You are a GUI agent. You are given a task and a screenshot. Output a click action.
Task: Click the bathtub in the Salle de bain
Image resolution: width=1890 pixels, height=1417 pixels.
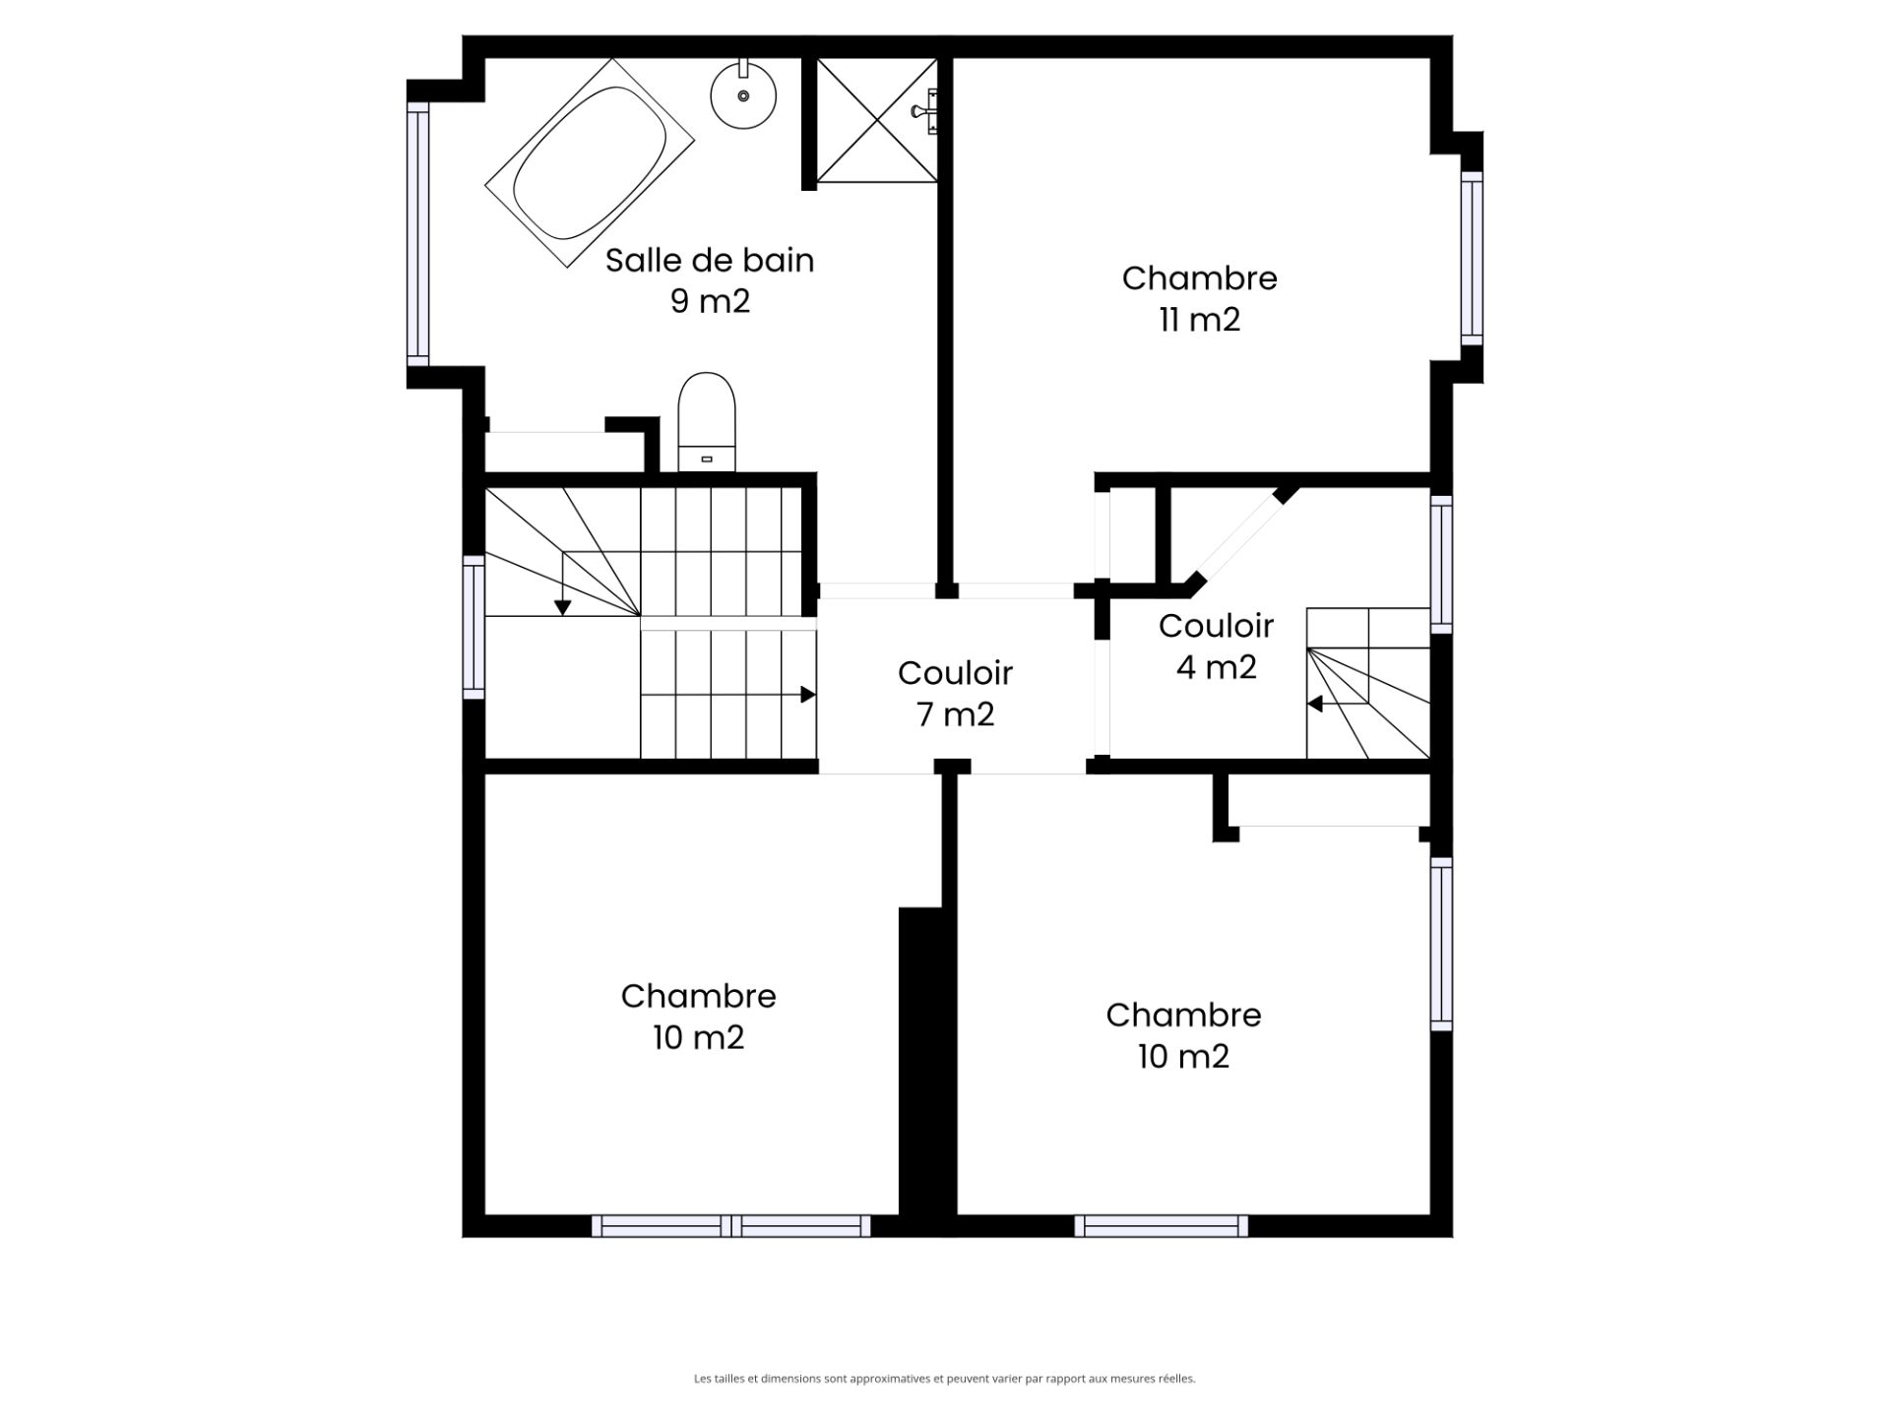tap(590, 162)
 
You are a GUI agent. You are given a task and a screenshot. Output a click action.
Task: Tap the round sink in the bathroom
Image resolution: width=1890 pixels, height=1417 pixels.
tap(743, 94)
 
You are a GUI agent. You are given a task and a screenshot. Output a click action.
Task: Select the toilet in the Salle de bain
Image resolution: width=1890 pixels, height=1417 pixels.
tap(707, 422)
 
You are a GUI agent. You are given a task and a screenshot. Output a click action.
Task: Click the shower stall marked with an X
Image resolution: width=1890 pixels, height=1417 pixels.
tap(876, 120)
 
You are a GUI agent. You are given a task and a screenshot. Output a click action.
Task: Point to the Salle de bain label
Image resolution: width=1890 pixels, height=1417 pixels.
tap(710, 260)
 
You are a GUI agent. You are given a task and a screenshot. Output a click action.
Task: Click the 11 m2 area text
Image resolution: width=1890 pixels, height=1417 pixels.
tap(1199, 320)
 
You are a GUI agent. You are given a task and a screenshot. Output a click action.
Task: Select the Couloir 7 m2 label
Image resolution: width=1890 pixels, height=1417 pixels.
tap(955, 693)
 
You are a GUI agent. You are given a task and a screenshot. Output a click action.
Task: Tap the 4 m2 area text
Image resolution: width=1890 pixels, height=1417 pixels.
tap(1217, 667)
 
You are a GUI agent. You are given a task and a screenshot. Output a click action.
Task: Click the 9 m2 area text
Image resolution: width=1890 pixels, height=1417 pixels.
tap(710, 301)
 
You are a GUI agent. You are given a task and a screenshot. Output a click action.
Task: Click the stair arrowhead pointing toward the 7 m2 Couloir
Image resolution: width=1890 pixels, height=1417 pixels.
tap(808, 695)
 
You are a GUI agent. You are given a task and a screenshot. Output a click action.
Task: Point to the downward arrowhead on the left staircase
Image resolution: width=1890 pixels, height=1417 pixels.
tap(562, 608)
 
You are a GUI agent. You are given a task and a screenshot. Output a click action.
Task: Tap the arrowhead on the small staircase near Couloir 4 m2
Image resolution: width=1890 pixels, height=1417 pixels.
tap(1314, 704)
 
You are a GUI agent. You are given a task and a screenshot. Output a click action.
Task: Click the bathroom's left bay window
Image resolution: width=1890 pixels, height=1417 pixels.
tap(418, 234)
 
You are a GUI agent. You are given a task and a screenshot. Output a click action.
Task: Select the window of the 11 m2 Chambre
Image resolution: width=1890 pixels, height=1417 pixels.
tap(1472, 258)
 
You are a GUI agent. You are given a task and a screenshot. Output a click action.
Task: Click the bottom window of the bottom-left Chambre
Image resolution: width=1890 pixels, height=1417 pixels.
tap(731, 1226)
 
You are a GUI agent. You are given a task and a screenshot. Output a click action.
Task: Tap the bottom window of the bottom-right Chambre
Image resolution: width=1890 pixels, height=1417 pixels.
tap(1162, 1226)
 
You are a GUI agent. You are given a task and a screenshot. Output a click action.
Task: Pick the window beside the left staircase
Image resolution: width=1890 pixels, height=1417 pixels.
tap(473, 627)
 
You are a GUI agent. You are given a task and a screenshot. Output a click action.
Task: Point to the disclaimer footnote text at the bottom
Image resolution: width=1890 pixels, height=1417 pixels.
tap(945, 1379)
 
